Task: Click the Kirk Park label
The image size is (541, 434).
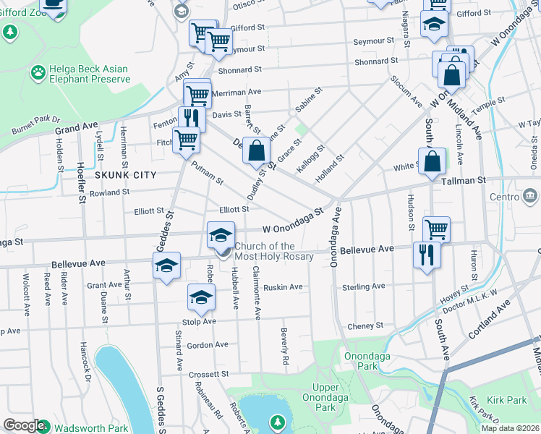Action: tap(506, 399)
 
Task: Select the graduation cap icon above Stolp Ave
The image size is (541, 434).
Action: tap(202, 296)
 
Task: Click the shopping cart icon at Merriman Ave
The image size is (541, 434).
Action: tap(197, 93)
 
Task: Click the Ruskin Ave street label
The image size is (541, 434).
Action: tap(284, 287)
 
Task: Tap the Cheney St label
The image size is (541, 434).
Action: tap(365, 325)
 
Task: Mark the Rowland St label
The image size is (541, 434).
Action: tap(110, 192)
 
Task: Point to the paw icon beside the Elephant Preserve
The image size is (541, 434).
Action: tap(37, 72)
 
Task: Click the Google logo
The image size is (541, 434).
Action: tap(24, 426)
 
